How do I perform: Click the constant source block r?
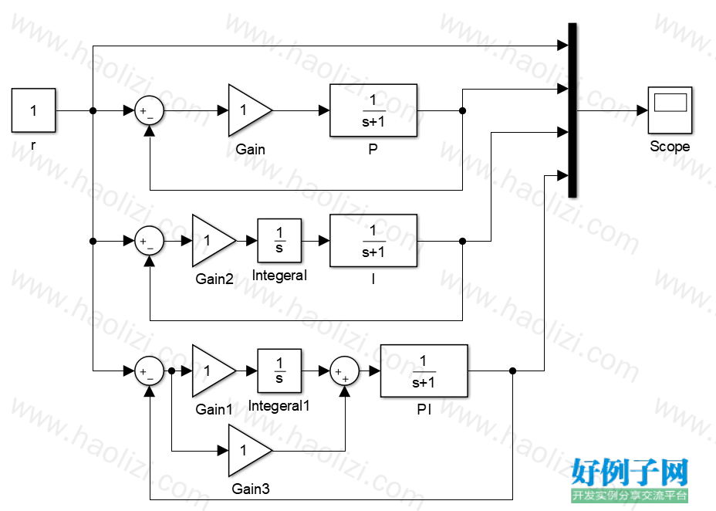tap(33, 110)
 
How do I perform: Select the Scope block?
tap(670, 110)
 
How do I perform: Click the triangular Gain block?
tap(250, 110)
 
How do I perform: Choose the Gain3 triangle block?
tap(250, 451)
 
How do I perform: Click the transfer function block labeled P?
tap(373, 110)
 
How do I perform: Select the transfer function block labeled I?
tap(373, 241)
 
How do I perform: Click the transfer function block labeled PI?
tap(424, 371)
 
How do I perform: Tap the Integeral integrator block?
tap(279, 241)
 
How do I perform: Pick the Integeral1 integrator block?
tap(279, 371)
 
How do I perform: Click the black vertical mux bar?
tap(572, 110)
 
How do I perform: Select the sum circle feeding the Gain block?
tap(150, 110)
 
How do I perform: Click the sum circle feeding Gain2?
tap(150, 241)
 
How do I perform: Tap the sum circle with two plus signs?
tap(344, 371)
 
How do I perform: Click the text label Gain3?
tap(251, 489)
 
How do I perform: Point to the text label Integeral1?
tap(279, 406)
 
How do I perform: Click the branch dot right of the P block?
tap(462, 110)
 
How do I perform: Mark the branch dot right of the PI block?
tap(512, 371)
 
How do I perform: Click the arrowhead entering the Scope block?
tap(642, 110)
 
